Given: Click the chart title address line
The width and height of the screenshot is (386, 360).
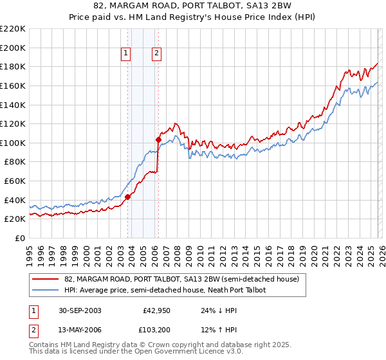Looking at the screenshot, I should (193, 6).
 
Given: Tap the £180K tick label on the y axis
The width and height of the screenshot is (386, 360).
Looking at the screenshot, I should (13, 66).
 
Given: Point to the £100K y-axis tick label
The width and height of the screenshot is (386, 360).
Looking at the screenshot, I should (13, 143).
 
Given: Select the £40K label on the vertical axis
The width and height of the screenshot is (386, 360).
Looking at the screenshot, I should (15, 200).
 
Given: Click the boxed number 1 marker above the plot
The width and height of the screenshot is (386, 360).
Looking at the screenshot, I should (125, 53).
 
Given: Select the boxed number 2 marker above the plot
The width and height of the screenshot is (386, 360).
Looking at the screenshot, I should (156, 53).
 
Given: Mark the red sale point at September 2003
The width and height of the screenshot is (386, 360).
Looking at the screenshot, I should (128, 197).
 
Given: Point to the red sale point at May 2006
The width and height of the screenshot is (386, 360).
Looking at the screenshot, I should (158, 139).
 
